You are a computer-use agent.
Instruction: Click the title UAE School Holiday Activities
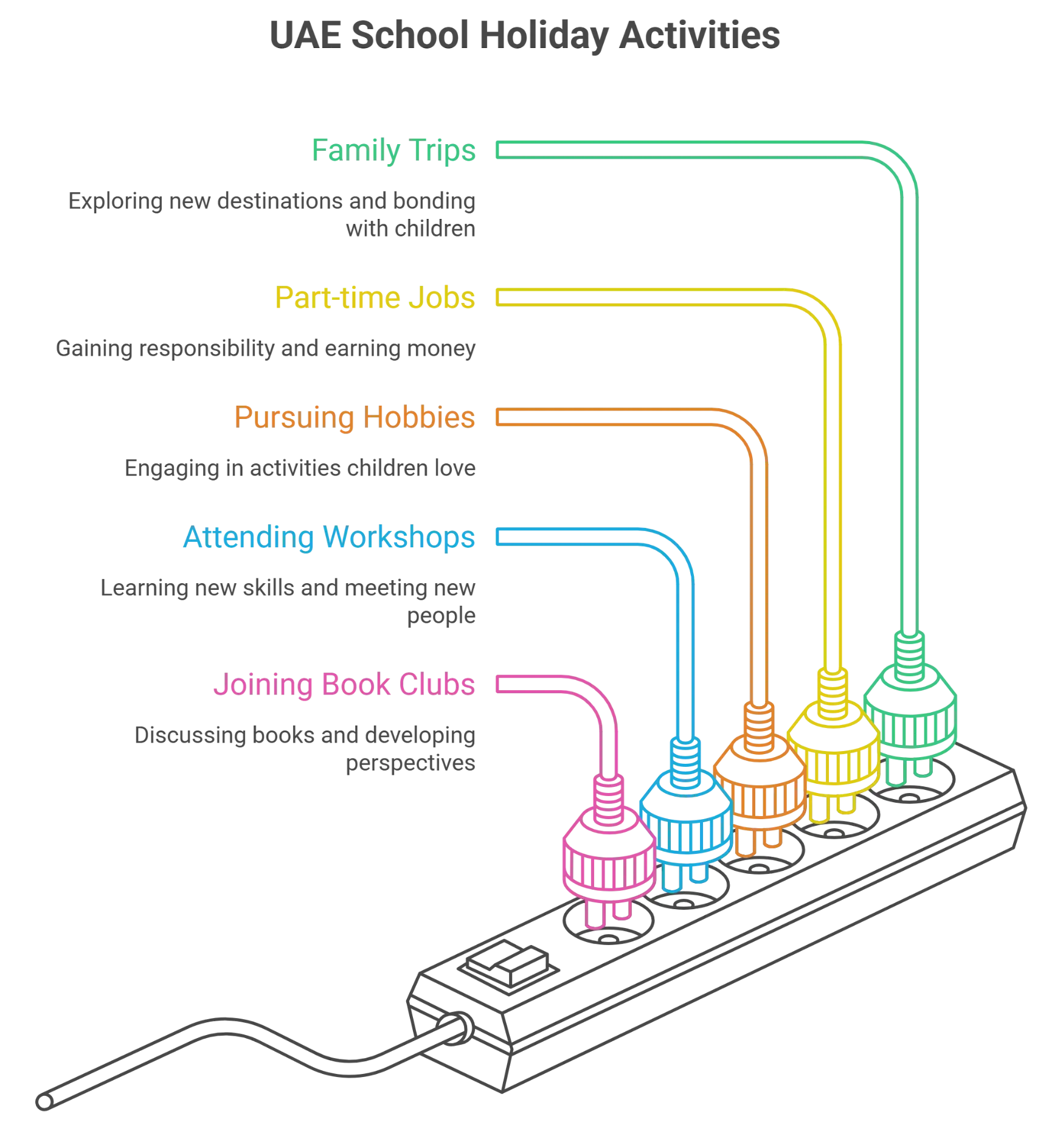pos(525,35)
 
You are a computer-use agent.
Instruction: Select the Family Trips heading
pos(393,150)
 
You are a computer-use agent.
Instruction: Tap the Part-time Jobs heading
pos(375,297)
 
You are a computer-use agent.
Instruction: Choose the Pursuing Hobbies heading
pos(355,417)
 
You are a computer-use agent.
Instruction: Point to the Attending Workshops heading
pos(329,537)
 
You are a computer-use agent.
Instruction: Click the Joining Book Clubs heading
pos(344,684)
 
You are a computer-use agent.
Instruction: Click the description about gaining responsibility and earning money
pos(266,348)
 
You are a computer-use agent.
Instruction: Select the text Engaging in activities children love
pos(300,468)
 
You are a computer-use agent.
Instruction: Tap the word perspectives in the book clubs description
pos(410,763)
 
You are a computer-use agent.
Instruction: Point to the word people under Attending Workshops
pos(441,616)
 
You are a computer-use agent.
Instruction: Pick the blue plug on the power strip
pos(686,815)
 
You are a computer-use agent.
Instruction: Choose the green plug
pos(910,708)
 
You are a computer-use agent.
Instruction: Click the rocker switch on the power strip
pos(508,964)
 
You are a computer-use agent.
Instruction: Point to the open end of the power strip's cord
pos(44,1101)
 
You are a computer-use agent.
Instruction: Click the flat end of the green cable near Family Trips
pos(497,150)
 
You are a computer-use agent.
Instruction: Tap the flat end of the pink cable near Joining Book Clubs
pos(497,684)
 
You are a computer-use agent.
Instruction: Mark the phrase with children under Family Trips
pos(410,229)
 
